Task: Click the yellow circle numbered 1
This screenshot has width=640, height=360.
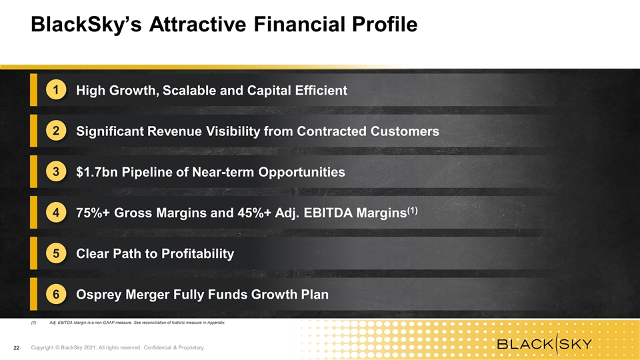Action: [56, 90]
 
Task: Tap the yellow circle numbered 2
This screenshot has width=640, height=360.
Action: [56, 131]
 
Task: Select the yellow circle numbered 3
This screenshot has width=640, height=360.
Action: [56, 171]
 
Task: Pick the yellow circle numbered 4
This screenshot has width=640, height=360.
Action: [56, 212]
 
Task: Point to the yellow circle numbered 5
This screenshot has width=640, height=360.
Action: [56, 253]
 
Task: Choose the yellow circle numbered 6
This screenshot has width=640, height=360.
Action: [56, 294]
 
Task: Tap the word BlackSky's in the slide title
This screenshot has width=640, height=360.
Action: [86, 25]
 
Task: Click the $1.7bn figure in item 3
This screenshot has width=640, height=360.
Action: [97, 172]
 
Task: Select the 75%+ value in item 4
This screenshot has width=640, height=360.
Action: [93, 213]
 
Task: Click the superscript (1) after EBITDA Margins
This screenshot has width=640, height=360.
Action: [412, 210]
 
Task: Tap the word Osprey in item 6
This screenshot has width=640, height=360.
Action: [99, 295]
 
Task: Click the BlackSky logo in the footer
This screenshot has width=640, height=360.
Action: [545, 343]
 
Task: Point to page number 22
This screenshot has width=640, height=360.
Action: [16, 348]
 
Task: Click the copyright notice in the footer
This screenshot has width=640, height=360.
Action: [118, 348]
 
